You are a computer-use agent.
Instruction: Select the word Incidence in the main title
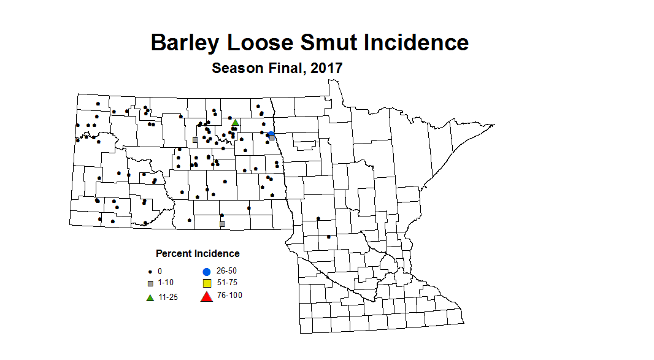coord(415,43)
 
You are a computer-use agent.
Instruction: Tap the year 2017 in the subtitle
coord(326,68)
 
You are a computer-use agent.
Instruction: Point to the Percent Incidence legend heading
coord(198,253)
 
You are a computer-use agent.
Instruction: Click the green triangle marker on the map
coord(235,122)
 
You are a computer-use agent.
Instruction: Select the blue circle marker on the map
coord(271,134)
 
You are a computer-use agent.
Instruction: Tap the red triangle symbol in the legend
coord(207,297)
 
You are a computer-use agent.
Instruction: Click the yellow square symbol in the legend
coord(207,283)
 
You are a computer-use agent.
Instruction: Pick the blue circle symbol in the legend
coord(207,271)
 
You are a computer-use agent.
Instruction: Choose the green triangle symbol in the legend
coord(150,297)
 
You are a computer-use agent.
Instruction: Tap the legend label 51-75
coord(227,283)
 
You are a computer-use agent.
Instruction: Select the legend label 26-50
coord(227,270)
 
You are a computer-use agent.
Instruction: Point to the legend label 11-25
coord(169,297)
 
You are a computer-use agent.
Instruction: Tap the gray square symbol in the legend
coord(150,284)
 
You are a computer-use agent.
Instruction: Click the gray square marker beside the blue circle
coord(272,138)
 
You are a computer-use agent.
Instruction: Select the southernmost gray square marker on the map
coord(222,224)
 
